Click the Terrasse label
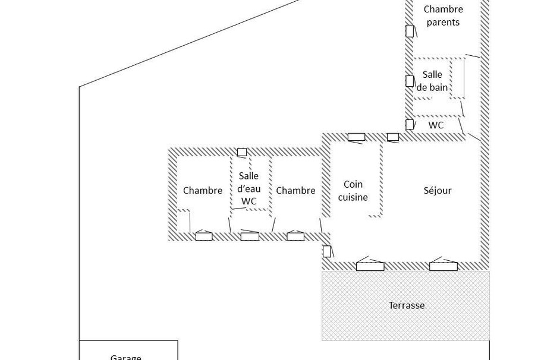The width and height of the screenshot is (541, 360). (x=407, y=305)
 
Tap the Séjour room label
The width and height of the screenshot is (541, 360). (x=438, y=191)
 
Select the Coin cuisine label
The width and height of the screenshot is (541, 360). (x=353, y=191)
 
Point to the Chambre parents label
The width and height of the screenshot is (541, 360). (x=443, y=15)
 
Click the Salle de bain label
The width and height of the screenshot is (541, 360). (x=432, y=81)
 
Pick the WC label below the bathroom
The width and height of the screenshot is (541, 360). (x=436, y=125)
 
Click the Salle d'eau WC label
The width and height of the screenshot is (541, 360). (x=249, y=188)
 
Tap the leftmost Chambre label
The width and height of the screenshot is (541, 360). (x=203, y=191)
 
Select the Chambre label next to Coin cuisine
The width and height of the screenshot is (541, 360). (x=295, y=191)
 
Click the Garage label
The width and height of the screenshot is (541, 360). (x=125, y=356)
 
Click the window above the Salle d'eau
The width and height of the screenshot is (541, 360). (x=242, y=153)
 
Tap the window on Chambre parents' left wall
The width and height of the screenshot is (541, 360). (x=410, y=31)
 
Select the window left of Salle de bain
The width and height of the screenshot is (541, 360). (x=410, y=81)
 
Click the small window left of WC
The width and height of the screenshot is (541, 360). (x=410, y=125)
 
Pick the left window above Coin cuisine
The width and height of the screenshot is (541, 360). (x=356, y=137)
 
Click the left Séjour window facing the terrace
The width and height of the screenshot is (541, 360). (x=370, y=267)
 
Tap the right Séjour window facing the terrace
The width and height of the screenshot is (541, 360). (x=444, y=267)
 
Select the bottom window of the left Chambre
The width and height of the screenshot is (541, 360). (x=204, y=236)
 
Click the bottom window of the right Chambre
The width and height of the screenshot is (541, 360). (x=295, y=236)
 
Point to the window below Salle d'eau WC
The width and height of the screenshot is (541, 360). (x=250, y=236)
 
